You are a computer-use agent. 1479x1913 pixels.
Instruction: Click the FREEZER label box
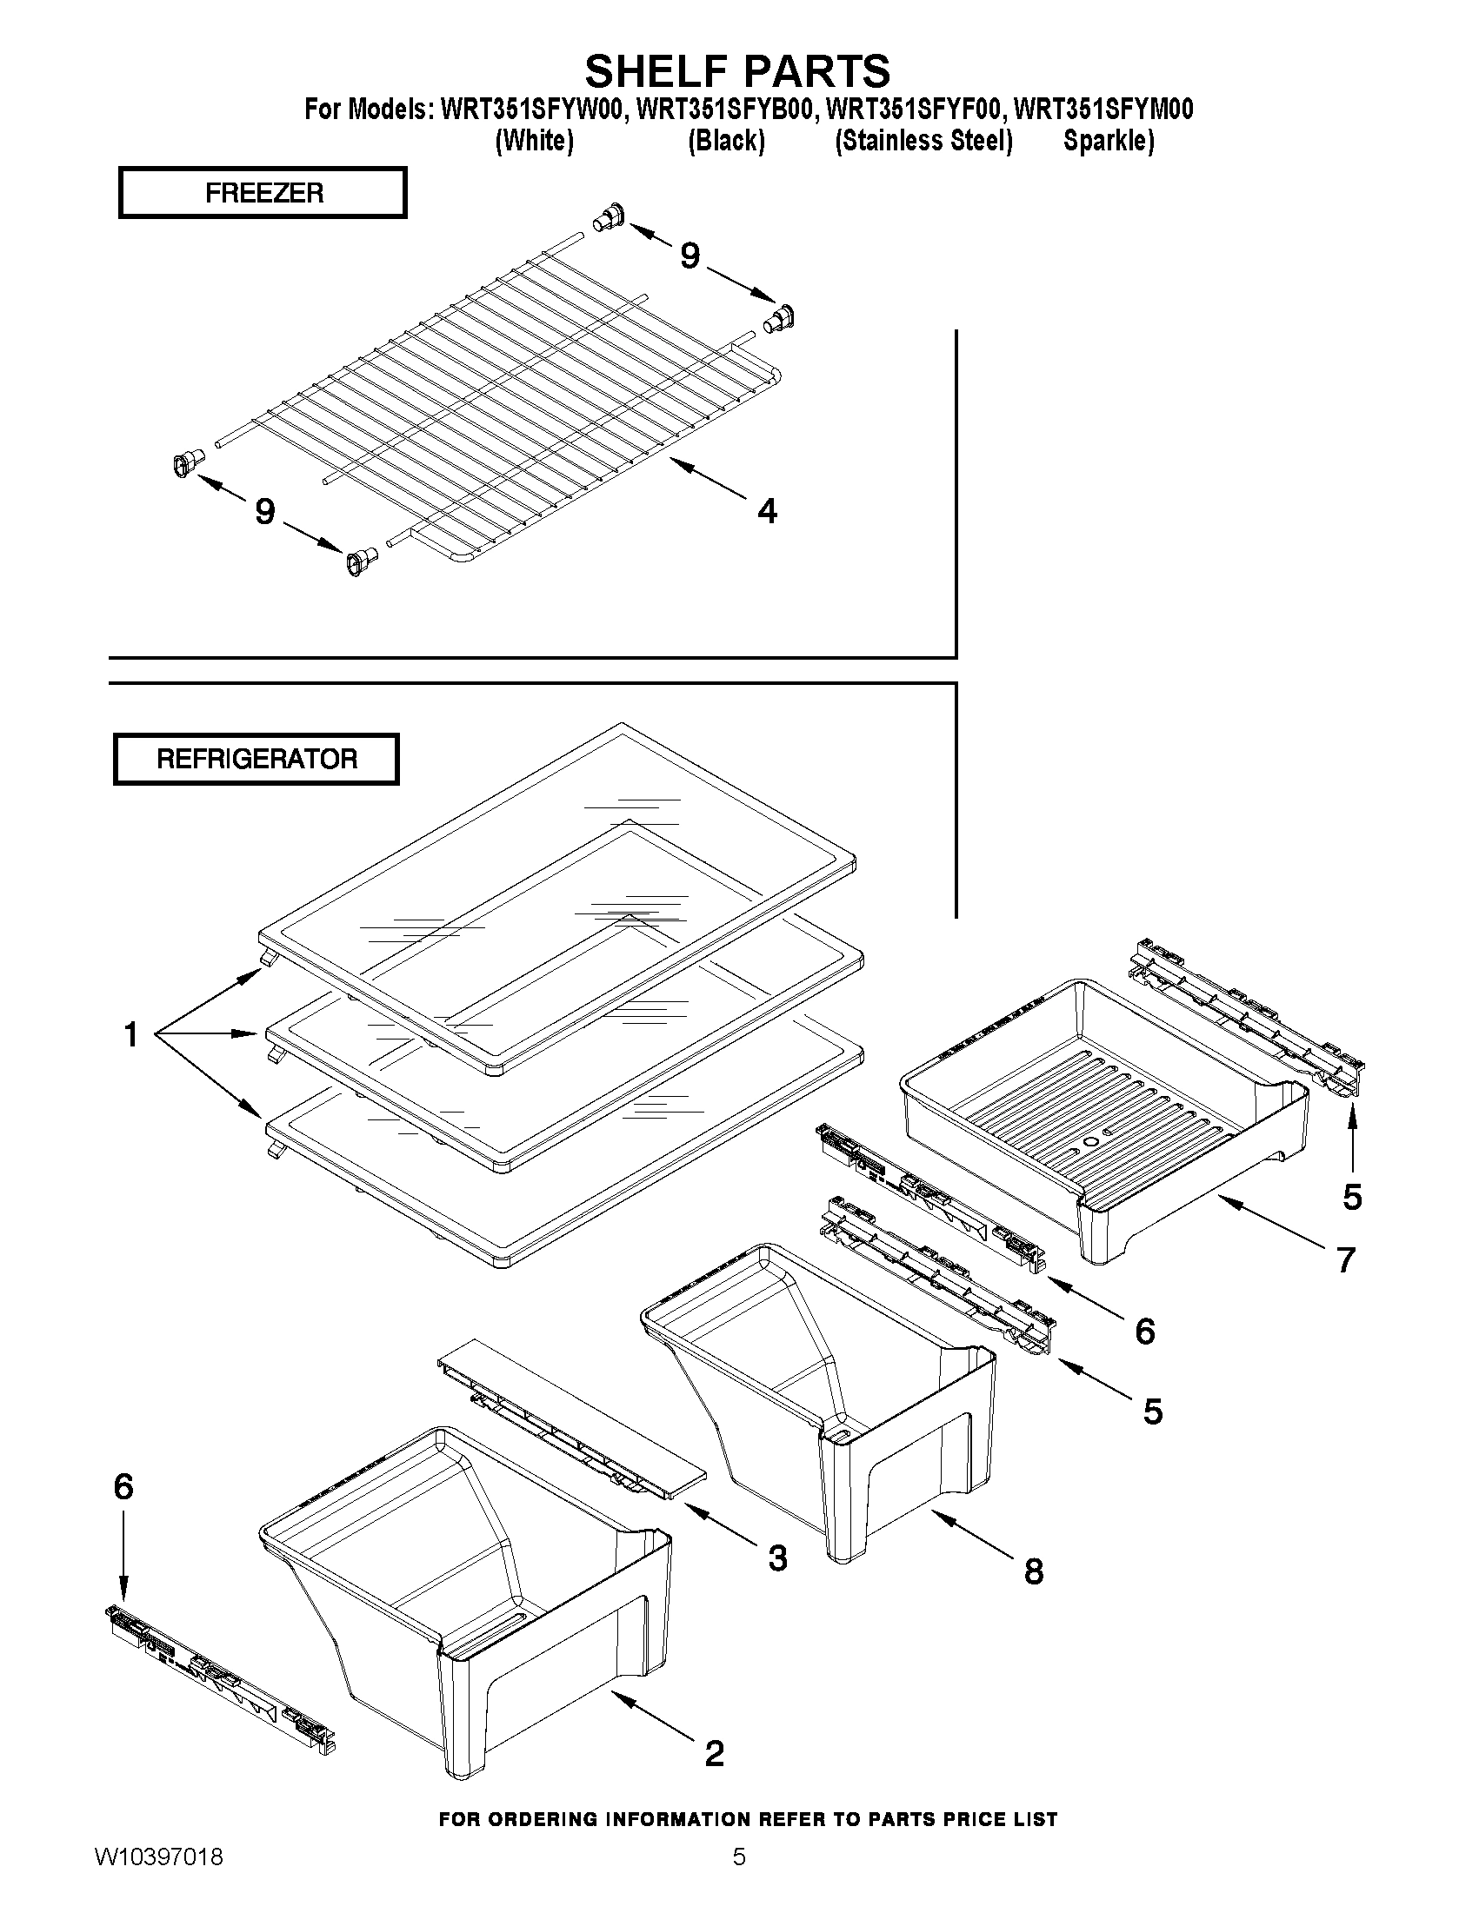click(263, 193)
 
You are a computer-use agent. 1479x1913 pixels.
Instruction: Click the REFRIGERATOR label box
click(256, 759)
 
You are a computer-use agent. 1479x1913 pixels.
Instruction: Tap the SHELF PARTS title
click(737, 70)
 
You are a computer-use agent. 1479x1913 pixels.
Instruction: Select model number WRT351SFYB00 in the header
click(726, 110)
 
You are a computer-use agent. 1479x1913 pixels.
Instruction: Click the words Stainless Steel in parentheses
click(923, 141)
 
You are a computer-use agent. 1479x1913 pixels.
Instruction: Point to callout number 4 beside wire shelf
click(767, 511)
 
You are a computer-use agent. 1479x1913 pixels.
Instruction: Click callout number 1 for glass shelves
click(131, 1035)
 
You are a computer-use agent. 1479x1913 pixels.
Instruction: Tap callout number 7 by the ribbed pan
click(1346, 1259)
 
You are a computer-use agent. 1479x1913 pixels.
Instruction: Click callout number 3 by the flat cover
click(777, 1558)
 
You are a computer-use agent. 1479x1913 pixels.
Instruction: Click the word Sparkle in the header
click(1108, 141)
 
